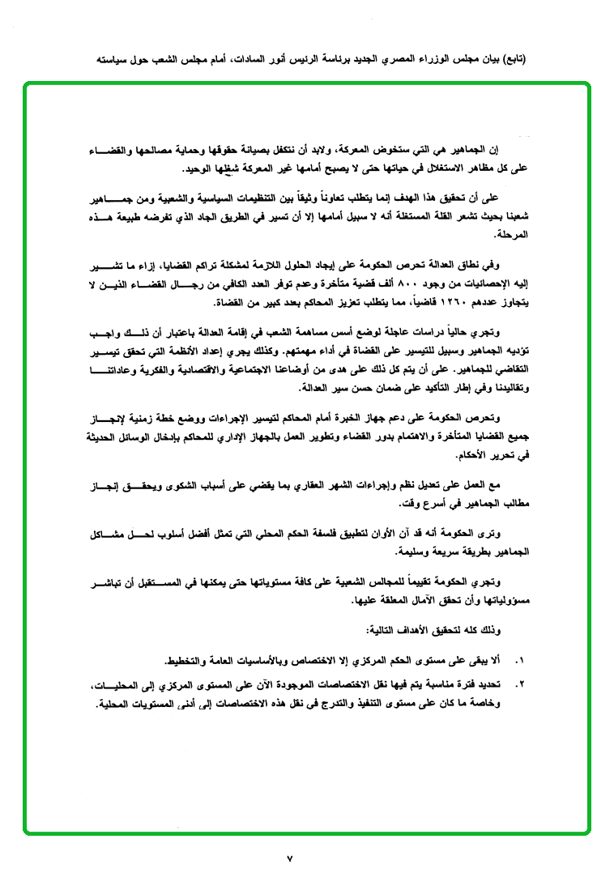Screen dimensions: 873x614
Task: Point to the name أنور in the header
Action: (288, 60)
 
